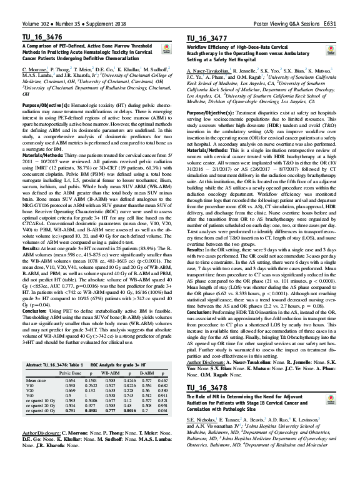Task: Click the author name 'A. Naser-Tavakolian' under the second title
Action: [211, 73]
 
